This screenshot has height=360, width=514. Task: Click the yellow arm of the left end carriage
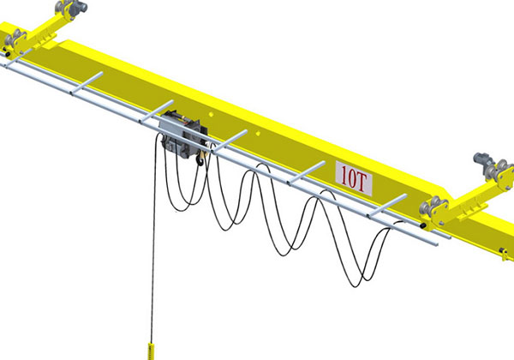coord(39,30)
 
